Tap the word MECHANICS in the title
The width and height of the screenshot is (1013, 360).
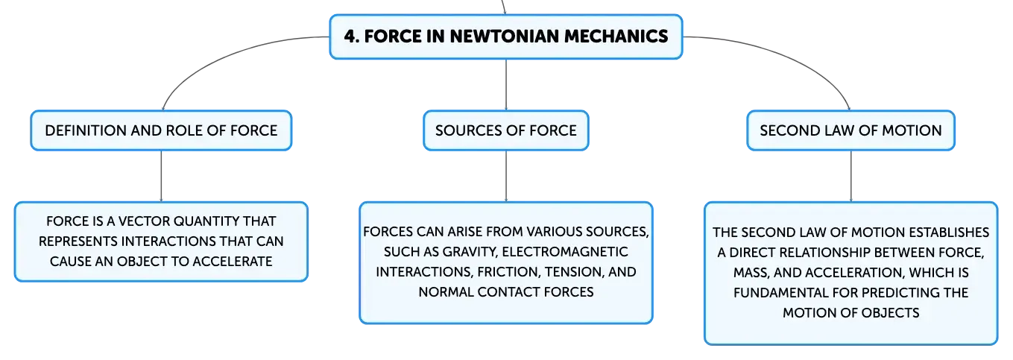point(616,37)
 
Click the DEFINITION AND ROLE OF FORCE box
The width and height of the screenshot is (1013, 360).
point(162,130)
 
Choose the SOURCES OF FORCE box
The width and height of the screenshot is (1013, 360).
point(506,130)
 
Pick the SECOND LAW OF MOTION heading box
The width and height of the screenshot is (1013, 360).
point(851,130)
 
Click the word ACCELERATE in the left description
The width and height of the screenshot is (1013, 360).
point(233,262)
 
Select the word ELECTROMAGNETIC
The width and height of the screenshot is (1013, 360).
point(565,251)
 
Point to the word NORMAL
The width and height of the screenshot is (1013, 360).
point(446,292)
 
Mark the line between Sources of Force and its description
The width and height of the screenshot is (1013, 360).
point(506,176)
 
